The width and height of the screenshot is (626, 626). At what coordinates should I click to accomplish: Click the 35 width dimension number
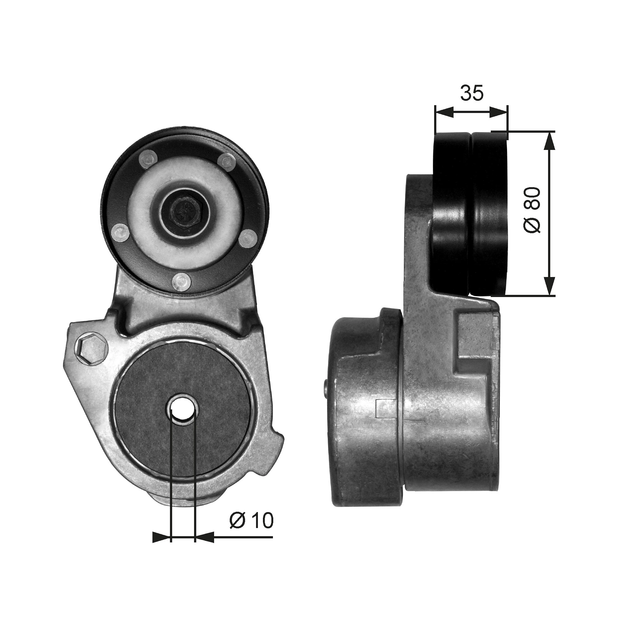(x=472, y=93)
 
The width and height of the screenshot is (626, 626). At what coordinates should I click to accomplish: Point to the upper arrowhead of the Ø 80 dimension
(x=549, y=141)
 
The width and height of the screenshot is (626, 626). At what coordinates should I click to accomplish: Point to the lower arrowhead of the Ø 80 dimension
(x=549, y=287)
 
